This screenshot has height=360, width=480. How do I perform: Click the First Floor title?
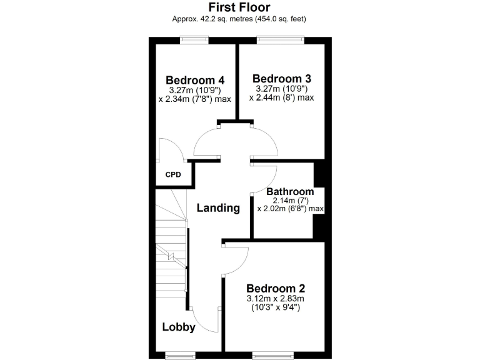(239, 7)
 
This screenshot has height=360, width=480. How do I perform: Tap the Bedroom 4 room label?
(195, 80)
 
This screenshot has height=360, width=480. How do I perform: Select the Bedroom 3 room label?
(281, 79)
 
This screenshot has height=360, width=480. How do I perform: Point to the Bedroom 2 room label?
(276, 288)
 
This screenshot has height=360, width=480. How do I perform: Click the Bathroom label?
(290, 191)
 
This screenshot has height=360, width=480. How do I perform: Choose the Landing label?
(218, 208)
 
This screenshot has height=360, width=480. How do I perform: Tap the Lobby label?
(179, 327)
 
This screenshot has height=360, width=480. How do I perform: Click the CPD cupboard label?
(173, 174)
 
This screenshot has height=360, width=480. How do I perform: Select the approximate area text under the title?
(239, 19)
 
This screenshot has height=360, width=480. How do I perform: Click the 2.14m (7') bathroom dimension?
(290, 200)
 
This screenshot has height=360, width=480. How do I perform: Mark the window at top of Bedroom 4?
(191, 40)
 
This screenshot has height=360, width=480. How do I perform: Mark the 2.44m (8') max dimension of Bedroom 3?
(281, 97)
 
